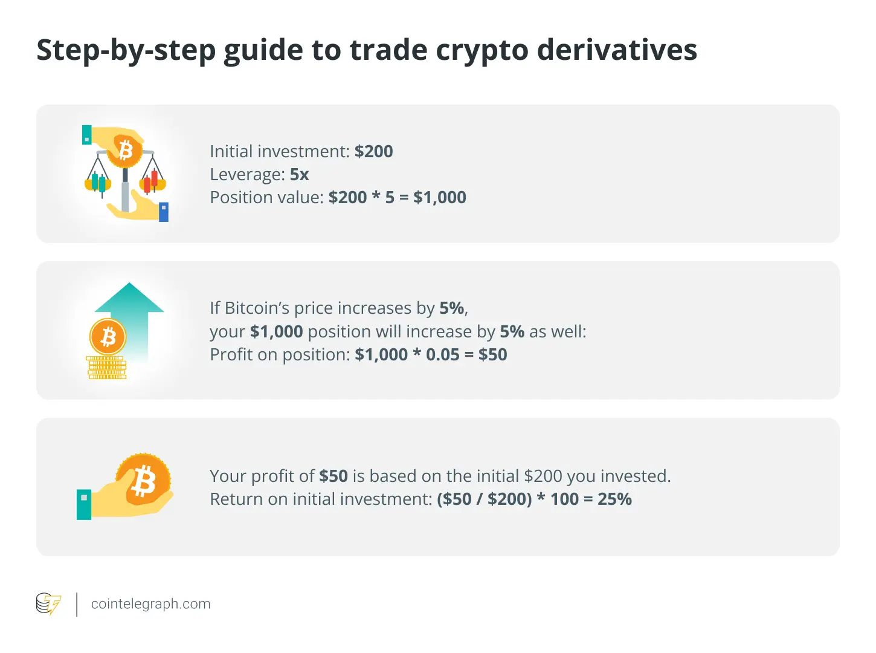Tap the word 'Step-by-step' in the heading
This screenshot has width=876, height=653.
(126, 51)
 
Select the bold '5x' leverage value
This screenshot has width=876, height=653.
(300, 174)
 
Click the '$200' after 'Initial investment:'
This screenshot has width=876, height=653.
(373, 151)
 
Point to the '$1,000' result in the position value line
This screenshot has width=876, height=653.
(440, 197)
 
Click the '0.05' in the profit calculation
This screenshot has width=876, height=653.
(442, 354)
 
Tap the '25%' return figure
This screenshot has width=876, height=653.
(614, 499)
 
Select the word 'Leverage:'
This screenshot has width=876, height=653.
(248, 175)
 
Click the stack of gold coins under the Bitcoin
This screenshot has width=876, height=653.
(107, 368)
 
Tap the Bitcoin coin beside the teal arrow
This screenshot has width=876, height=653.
(108, 337)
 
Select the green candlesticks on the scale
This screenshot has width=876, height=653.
(98, 182)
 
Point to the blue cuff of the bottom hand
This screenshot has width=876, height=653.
(164, 212)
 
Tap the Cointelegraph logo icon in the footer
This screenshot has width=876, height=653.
(48, 604)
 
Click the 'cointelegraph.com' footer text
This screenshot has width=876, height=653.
(151, 604)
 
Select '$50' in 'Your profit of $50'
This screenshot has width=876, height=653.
(333, 476)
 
